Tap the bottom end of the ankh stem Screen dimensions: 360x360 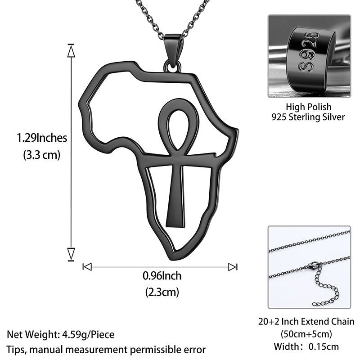175,226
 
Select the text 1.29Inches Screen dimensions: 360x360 42,138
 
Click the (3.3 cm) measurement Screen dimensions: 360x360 41,155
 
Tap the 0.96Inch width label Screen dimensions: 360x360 162,276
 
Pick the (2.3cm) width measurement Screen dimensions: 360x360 162,292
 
